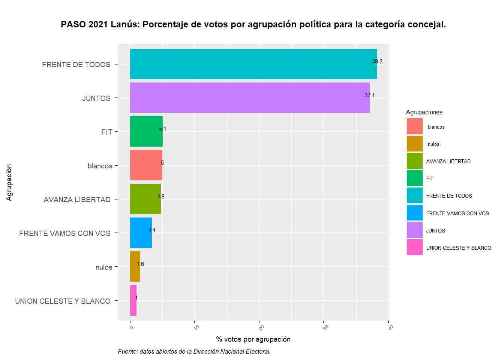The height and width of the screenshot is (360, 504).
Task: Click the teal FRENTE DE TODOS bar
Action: coord(253,64)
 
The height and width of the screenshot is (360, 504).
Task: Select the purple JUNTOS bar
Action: coord(250,98)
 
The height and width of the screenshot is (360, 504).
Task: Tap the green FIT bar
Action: coord(146,132)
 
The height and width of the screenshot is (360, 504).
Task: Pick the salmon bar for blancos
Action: coord(146,165)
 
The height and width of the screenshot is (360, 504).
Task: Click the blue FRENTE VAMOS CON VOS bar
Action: coord(141,233)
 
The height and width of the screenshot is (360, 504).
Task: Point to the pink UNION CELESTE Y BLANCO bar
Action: coord(133,300)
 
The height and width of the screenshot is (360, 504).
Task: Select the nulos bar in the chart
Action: coord(135,267)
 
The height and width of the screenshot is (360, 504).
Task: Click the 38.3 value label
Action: coord(377,61)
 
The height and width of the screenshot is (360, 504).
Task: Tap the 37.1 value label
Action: coord(369,95)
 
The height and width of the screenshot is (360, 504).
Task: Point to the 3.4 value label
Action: coord(151,230)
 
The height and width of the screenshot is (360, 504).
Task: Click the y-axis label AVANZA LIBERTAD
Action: coord(77,199)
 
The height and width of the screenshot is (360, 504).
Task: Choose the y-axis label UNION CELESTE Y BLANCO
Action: coord(63,301)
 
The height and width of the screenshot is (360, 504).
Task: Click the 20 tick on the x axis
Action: coord(261,327)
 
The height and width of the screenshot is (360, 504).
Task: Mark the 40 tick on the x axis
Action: coord(390,327)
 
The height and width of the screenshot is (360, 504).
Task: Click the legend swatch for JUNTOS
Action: coord(415,230)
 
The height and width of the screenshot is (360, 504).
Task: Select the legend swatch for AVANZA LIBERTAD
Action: coord(415,161)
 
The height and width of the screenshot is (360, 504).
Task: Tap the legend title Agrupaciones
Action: coord(424,112)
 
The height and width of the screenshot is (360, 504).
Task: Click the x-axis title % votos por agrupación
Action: coord(253,339)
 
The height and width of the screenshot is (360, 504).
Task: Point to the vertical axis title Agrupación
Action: coord(9,183)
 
